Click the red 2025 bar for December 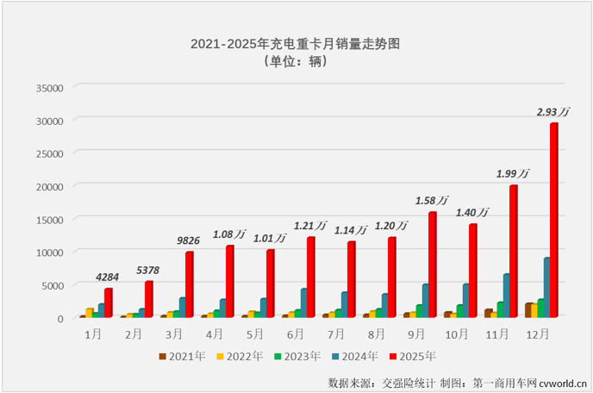tap(553, 221)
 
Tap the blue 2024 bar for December tap(546, 288)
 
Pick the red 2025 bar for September tap(432, 265)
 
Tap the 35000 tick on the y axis tap(50, 87)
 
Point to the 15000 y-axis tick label tap(50, 219)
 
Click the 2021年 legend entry tap(183, 356)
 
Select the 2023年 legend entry tap(296, 356)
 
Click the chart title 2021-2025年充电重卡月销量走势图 tap(296, 42)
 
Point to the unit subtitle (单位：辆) tap(296, 61)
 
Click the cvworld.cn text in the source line tap(562, 381)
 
